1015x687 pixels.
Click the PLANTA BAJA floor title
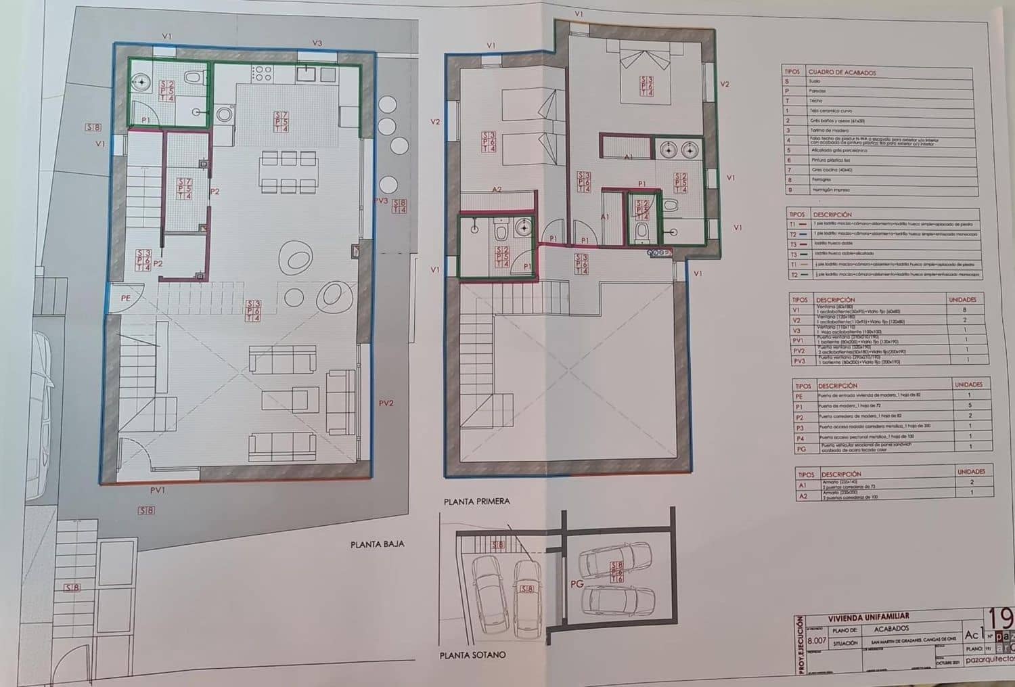377,544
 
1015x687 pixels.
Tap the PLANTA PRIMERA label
476,502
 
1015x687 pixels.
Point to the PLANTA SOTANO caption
472,655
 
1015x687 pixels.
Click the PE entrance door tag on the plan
125,298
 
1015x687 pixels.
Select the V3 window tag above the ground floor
317,43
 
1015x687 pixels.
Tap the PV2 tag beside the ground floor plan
386,403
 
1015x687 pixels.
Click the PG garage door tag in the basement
577,584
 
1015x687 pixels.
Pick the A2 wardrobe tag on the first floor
496,189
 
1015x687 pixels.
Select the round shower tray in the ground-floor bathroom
141,82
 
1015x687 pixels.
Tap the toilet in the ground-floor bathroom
193,78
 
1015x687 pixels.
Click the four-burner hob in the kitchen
261,73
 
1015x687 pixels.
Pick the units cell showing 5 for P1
969,405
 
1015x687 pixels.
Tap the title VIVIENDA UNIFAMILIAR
869,617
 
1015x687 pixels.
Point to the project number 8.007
818,640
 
